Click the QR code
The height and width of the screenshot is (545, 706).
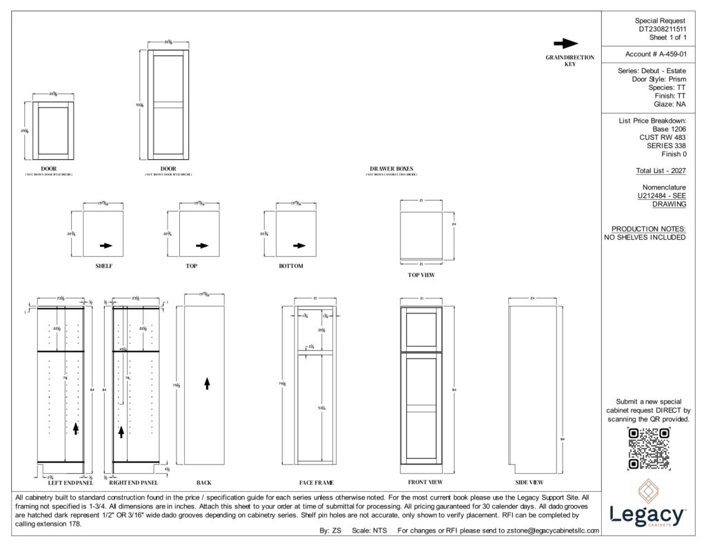648,449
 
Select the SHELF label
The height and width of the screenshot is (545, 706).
104,265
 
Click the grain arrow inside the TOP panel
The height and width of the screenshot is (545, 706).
201,245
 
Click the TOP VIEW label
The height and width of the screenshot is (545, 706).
421,275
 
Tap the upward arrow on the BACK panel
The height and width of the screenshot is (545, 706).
207,383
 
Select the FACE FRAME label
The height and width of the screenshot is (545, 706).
315,482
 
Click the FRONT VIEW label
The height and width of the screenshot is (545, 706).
421,482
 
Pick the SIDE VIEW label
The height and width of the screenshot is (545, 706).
529,482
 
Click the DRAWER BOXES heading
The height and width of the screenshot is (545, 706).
391,168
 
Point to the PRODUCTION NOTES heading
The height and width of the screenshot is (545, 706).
648,229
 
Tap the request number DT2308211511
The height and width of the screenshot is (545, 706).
662,30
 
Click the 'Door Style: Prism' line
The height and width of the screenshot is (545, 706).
658,79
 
